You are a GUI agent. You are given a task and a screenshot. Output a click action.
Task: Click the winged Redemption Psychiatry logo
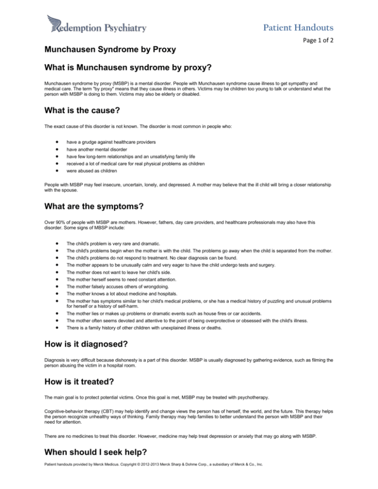[95, 25]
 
